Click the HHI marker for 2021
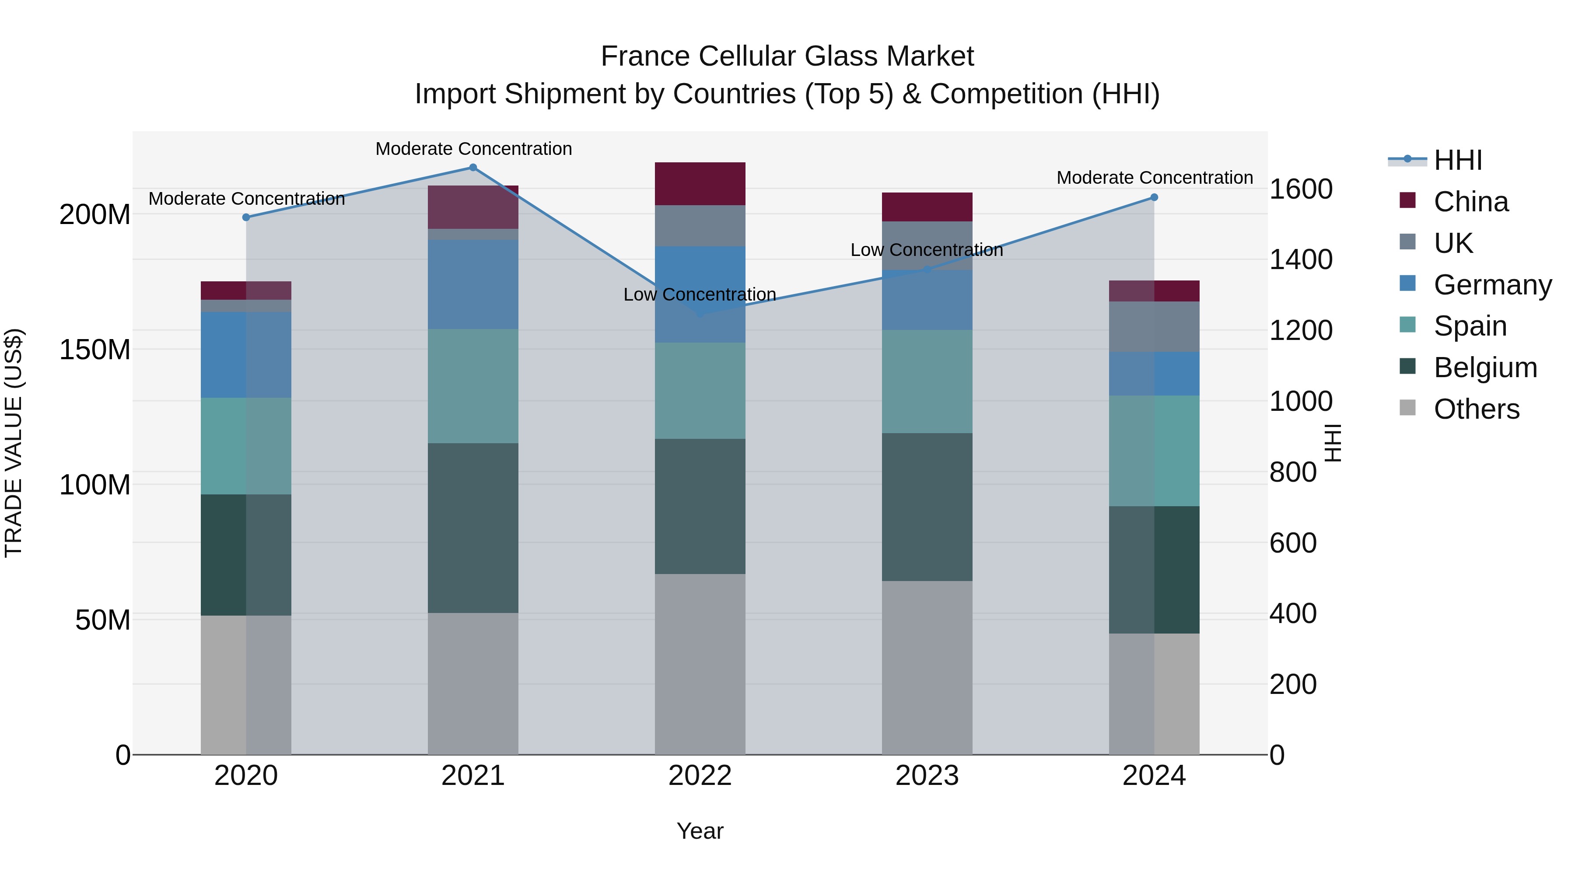pyautogui.click(x=472, y=168)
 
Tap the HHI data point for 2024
pyautogui.click(x=1154, y=197)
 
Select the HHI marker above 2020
pyautogui.click(x=246, y=217)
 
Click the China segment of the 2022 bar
pyautogui.click(x=700, y=183)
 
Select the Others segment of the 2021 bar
pyautogui.click(x=472, y=683)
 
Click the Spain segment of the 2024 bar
pyautogui.click(x=1154, y=451)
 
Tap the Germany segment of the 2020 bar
pyautogui.click(x=246, y=355)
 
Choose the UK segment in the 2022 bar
pyautogui.click(x=700, y=226)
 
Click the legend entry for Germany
pyautogui.click(x=1492, y=285)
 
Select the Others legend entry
pyautogui.click(x=1476, y=409)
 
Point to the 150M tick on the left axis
pyautogui.click(x=95, y=350)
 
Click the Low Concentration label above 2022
pyautogui.click(x=700, y=295)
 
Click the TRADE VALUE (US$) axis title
pyautogui.click(x=14, y=443)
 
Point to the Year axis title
pyautogui.click(x=700, y=831)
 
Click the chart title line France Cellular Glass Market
pyautogui.click(x=787, y=56)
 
